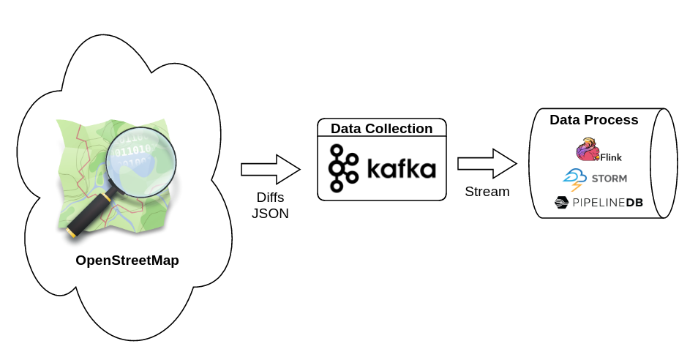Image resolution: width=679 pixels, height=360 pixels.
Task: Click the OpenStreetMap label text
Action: (x=127, y=260)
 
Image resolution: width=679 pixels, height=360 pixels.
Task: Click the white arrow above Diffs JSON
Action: (x=270, y=169)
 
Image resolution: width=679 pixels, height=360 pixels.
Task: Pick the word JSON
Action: (x=270, y=214)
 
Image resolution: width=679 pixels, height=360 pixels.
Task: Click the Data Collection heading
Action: (x=381, y=129)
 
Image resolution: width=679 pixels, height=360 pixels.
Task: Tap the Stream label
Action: (x=487, y=192)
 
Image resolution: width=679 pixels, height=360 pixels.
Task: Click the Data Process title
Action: (x=593, y=120)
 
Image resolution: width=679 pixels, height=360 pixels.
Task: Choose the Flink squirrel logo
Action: (x=587, y=149)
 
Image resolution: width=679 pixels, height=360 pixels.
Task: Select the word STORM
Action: (x=608, y=179)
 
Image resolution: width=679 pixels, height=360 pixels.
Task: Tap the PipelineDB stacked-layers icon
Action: (x=561, y=203)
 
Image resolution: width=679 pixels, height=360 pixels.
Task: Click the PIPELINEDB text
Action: (x=608, y=203)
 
